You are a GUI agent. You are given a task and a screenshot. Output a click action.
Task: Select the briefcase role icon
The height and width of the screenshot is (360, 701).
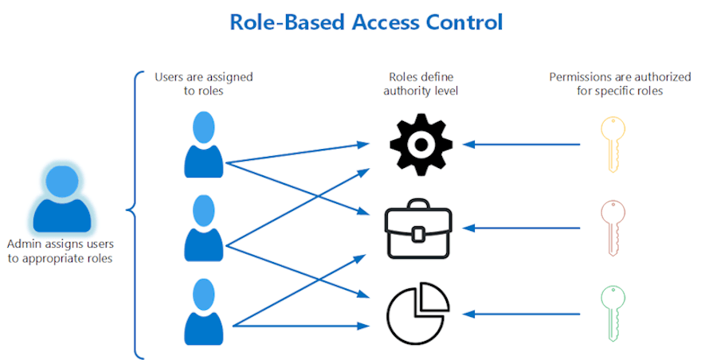419,231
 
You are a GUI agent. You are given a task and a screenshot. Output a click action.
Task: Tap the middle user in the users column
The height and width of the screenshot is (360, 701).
205,229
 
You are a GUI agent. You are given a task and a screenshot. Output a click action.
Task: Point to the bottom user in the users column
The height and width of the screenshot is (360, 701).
205,311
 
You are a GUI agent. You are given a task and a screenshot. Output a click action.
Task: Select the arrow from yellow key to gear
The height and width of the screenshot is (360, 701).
526,144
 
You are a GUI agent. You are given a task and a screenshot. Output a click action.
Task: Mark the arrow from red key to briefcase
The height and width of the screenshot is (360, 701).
526,229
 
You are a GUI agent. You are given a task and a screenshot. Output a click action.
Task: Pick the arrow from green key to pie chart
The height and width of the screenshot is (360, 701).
526,312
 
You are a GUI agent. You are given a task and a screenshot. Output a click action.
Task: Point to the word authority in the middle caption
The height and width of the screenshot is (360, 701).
404,92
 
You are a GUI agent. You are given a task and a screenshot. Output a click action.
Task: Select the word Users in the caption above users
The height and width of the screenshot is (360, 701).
169,77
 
